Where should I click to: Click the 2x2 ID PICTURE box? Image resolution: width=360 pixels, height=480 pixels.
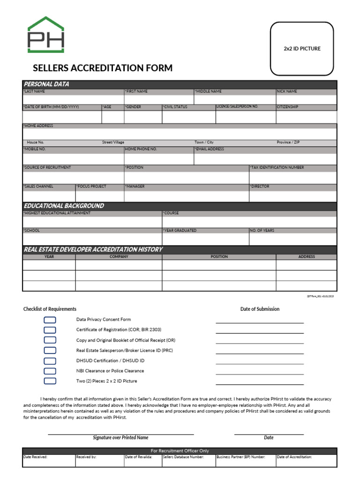(302, 49)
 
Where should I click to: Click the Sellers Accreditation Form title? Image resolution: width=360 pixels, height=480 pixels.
(103, 68)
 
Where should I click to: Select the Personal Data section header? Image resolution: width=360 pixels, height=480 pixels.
(46, 84)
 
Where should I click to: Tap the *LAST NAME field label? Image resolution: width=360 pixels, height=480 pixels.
(34, 91)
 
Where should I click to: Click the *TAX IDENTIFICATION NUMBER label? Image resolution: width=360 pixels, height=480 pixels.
(277, 167)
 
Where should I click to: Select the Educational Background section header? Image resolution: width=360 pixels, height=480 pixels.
(64, 206)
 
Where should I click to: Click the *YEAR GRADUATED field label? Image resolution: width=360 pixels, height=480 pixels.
(180, 230)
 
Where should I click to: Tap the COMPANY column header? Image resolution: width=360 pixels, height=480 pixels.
(119, 256)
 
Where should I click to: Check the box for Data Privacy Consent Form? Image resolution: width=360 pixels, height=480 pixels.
(50, 320)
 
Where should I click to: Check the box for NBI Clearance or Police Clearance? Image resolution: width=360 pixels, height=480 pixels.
(50, 371)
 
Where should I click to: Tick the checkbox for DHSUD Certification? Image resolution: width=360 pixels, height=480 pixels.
(50, 361)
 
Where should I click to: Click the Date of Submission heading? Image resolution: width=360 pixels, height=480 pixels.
(260, 309)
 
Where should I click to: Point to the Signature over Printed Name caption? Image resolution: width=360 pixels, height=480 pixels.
(120, 437)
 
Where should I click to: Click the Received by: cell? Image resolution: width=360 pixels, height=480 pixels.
(86, 457)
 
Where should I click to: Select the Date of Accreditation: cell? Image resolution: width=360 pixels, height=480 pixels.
(294, 457)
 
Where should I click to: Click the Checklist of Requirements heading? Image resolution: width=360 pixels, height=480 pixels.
(50, 309)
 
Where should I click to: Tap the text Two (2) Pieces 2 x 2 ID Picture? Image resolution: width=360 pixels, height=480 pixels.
(106, 381)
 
